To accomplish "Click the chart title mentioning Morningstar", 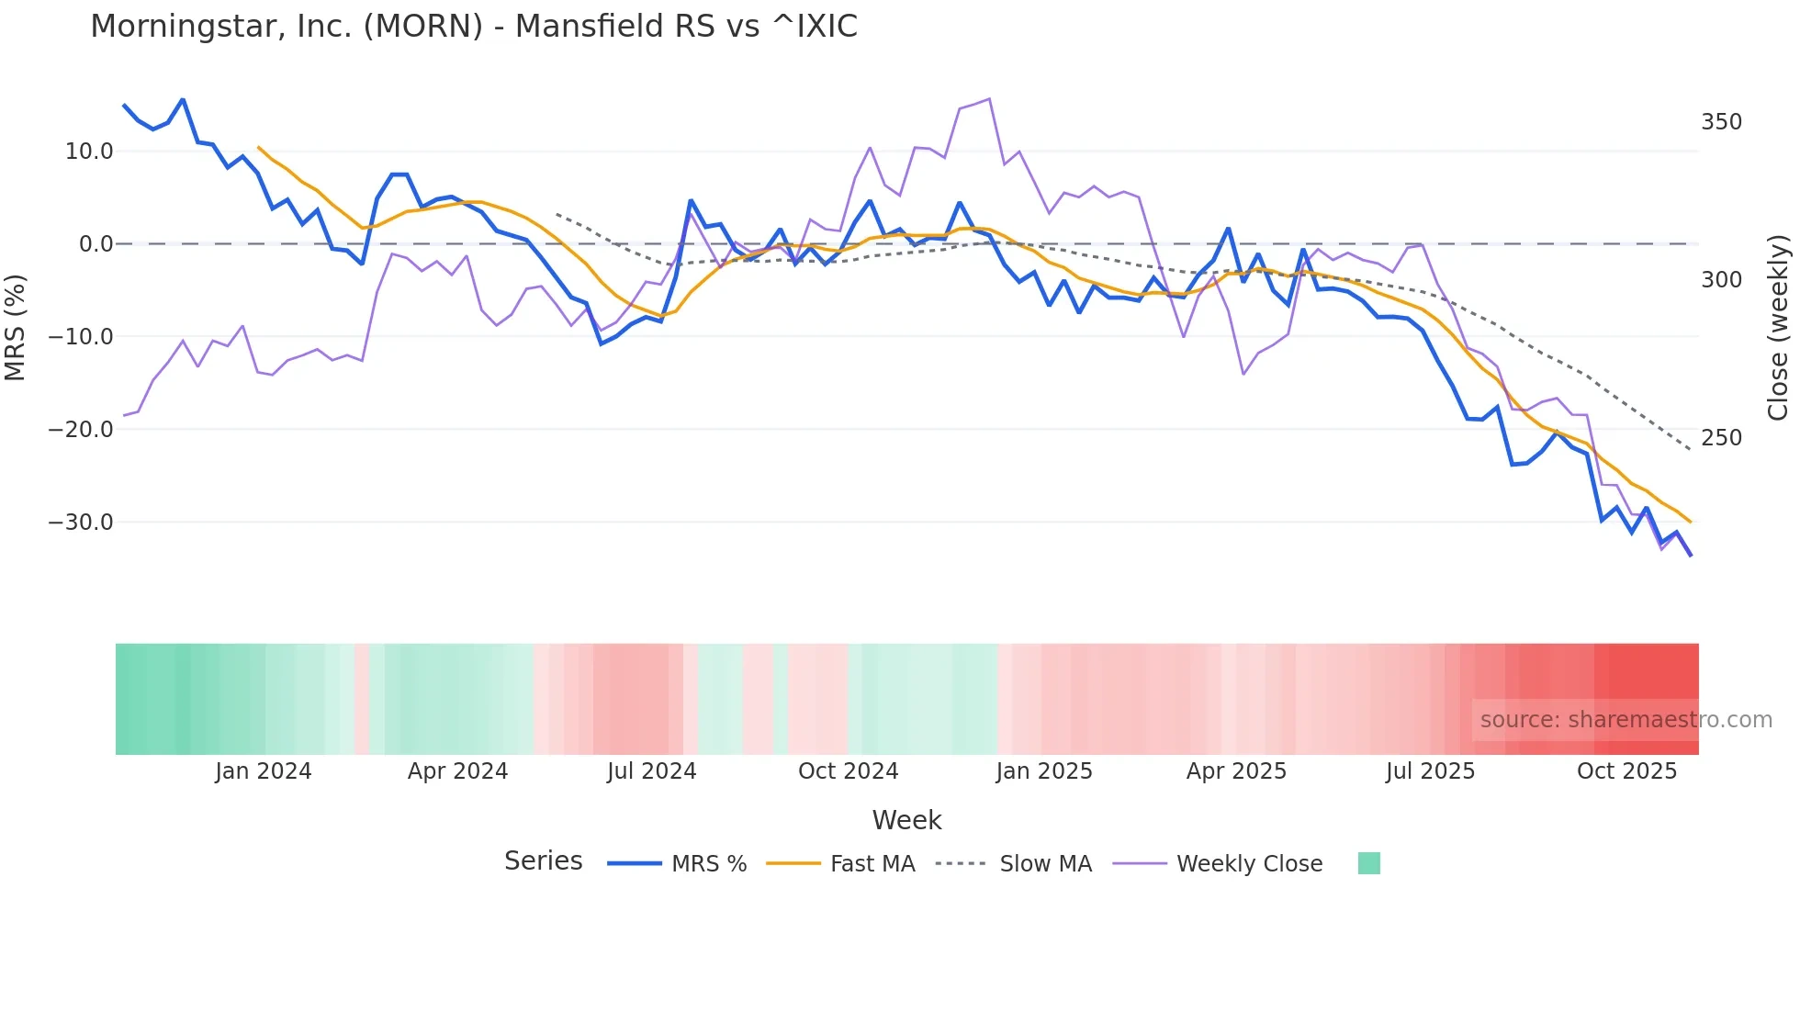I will pos(474,27).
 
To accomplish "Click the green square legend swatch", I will pos(1368,863).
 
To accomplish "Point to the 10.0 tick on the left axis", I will pos(89,152).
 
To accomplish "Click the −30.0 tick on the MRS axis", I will pos(81,523).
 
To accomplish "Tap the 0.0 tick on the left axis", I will pos(96,244).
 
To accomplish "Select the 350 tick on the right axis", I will pos(1721,122).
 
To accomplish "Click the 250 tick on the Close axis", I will pos(1721,438).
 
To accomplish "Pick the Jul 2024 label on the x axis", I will pos(651,771).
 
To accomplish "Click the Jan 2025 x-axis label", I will pos(1044,771).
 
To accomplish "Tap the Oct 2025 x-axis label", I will pos(1626,771).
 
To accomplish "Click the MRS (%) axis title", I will pos(16,327).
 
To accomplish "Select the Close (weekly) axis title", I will pos(1778,327).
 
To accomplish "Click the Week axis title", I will pos(906,820).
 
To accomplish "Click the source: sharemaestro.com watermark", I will pos(1626,720).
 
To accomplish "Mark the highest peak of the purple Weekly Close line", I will pos(989,98).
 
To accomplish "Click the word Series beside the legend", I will pos(543,861).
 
